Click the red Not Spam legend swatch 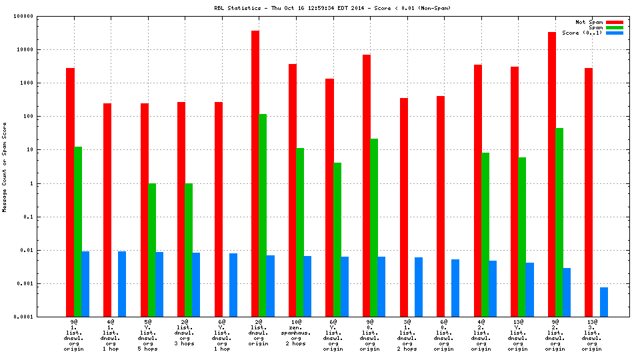[x=614, y=22]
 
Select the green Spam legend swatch [x=614, y=27]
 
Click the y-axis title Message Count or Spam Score [x=5, y=167]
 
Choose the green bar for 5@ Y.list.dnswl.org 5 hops [x=151, y=250]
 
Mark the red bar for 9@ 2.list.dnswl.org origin [x=552, y=174]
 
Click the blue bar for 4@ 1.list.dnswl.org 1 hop [x=122, y=284]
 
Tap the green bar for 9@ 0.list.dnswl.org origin [x=374, y=227]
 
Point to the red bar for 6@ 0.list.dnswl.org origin [x=441, y=206]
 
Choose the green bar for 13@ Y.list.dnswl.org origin [x=522, y=237]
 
